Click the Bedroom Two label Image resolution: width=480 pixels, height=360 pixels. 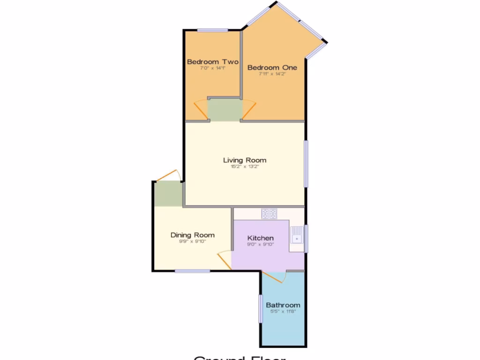pos(213,62)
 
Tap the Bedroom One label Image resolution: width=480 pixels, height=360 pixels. pos(272,67)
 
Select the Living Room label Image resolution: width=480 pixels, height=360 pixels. pos(245,160)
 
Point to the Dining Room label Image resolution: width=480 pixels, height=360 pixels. pos(192,235)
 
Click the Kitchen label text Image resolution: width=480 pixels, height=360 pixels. pos(260,238)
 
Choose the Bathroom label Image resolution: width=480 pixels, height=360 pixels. pos(284,305)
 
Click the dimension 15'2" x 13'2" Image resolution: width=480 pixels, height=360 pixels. pos(245,166)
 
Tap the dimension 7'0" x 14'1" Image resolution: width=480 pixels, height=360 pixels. pos(213,68)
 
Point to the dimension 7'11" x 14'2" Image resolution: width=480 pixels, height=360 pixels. pos(272,74)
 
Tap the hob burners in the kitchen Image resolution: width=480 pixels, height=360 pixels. pos(269,214)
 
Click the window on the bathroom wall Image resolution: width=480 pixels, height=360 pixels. pos(261,308)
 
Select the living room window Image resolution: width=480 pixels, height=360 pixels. pos(306,164)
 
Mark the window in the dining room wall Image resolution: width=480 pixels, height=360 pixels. pos(192,271)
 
